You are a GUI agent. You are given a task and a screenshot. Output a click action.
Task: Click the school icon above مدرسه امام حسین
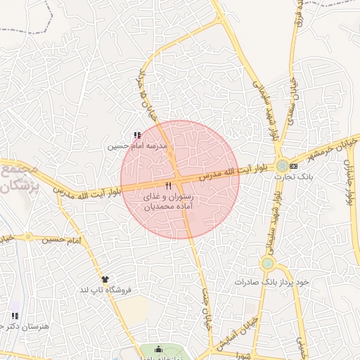[136, 136]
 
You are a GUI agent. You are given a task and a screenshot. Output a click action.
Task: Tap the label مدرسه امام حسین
[136, 147]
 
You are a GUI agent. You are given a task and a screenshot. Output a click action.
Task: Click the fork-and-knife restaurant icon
[167, 186]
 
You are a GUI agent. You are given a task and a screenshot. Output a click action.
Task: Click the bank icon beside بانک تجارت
[294, 166]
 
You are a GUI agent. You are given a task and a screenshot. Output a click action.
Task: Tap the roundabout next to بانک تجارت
[282, 166]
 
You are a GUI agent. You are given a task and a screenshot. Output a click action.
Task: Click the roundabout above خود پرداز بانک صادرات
[267, 264]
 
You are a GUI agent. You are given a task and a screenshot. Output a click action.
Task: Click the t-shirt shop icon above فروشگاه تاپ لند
[105, 279]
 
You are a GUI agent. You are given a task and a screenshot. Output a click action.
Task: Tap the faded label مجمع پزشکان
[18, 179]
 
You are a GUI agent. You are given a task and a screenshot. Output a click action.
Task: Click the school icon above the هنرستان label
[15, 316]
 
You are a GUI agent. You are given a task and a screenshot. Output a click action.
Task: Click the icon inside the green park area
[157, 349]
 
